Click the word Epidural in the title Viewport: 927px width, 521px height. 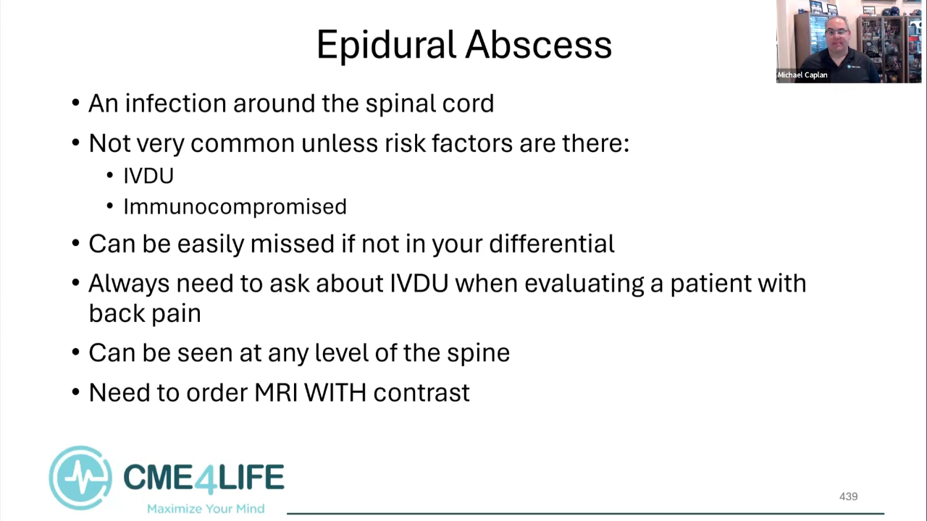click(x=386, y=46)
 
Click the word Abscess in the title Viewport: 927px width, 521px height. click(x=538, y=45)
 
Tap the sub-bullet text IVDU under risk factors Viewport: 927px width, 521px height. click(x=148, y=176)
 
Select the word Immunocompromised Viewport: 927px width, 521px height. click(x=235, y=207)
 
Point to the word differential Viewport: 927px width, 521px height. click(x=552, y=243)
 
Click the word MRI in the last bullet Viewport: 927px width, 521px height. click(x=276, y=392)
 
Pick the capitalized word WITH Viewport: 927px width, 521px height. click(x=335, y=392)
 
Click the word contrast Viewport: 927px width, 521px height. click(x=421, y=393)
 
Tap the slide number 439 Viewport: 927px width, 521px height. click(x=848, y=496)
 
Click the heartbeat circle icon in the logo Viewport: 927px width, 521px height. click(x=80, y=478)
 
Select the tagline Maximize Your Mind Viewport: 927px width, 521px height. click(x=206, y=508)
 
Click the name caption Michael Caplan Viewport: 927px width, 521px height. click(x=802, y=75)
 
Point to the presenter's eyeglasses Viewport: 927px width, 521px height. click(x=836, y=33)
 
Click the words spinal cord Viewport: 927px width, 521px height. click(x=429, y=103)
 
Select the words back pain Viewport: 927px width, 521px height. click(x=145, y=313)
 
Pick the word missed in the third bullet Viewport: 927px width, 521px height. click(x=292, y=243)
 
